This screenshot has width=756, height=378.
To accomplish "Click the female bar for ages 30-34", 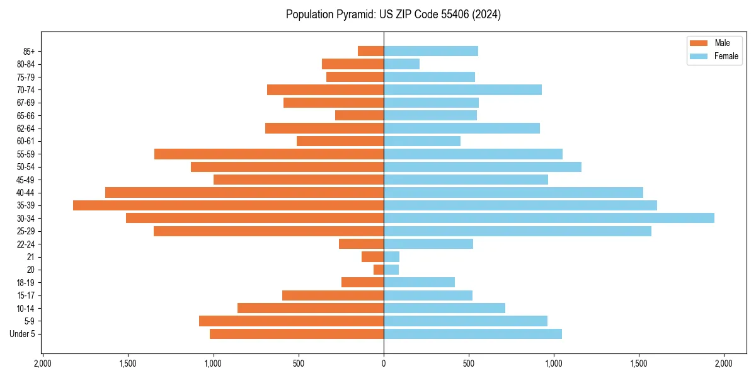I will point(549,218).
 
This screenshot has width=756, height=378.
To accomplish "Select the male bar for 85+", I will point(370,51).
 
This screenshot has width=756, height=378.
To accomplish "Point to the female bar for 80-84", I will point(401,64).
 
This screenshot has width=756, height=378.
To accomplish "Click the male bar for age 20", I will point(378,270).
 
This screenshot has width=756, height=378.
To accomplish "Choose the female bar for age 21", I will point(391,257).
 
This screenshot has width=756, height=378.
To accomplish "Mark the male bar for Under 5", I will point(297,334).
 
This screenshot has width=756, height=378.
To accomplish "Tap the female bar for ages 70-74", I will point(462,89).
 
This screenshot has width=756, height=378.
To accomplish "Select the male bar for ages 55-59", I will point(269,154).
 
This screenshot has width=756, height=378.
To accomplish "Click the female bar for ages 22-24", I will point(428,244).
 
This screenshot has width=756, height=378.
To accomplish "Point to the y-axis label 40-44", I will point(25,193).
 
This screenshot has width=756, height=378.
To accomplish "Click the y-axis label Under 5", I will point(23,334).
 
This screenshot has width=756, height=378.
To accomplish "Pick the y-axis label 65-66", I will point(25,115).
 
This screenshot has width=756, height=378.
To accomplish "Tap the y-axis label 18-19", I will point(25,283).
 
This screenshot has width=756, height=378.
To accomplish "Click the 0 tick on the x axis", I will point(384,364).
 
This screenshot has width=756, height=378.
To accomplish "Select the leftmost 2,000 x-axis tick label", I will point(42,364).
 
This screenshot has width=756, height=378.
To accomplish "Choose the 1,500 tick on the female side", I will point(639,364).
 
